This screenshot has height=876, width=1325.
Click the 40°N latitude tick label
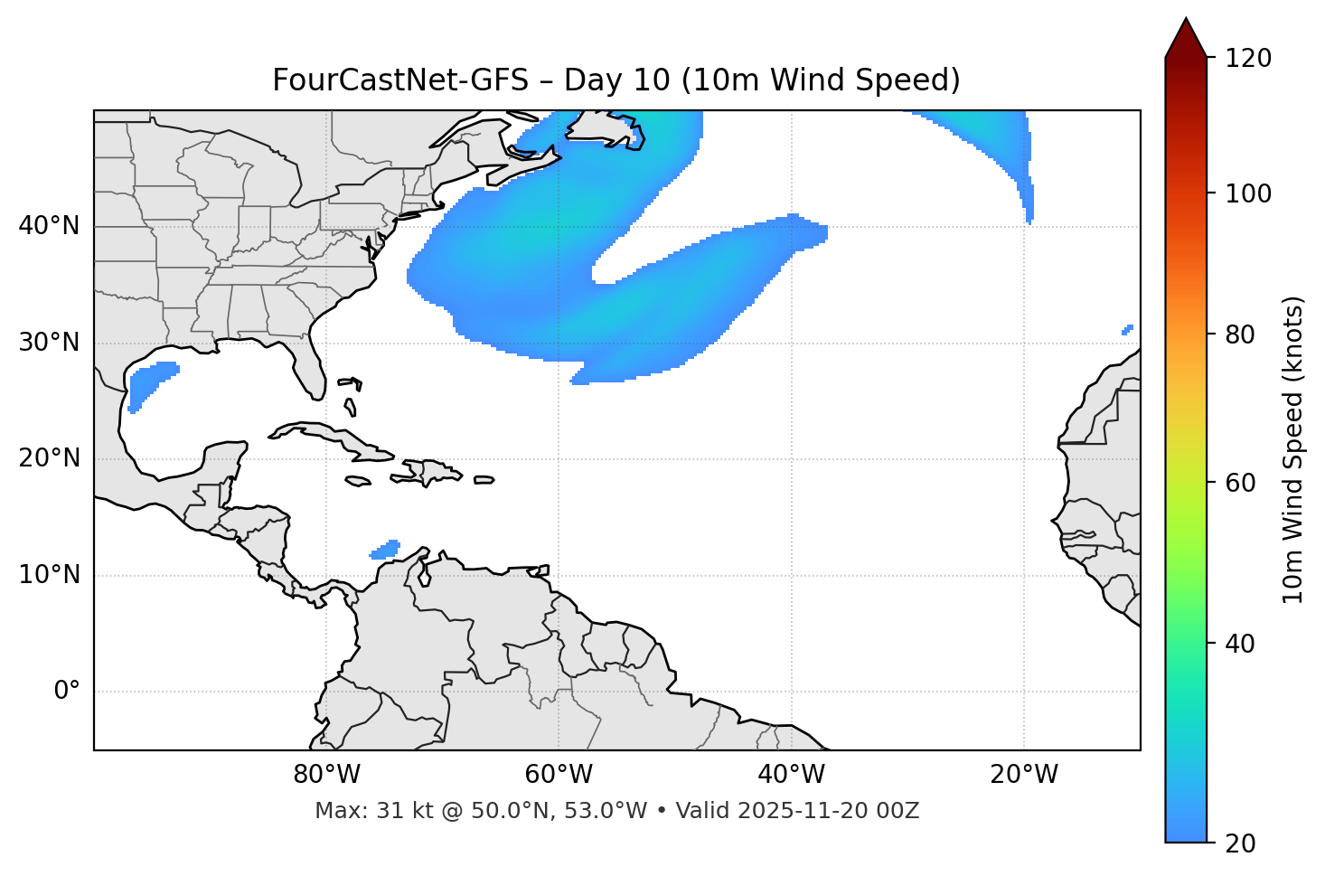point(49,226)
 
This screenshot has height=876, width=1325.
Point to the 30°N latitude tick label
point(49,343)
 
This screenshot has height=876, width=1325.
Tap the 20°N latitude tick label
point(49,458)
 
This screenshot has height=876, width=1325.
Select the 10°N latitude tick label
point(49,575)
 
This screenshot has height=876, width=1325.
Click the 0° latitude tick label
point(67,692)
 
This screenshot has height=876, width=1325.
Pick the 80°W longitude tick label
point(326,775)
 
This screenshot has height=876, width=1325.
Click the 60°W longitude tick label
point(559,775)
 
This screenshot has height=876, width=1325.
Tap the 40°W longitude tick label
point(791,775)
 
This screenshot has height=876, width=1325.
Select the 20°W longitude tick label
point(1024,775)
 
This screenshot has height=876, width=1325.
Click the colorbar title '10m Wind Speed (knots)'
point(1293,449)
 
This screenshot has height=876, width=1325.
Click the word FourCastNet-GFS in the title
point(399,80)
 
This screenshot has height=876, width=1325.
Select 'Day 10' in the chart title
point(616,80)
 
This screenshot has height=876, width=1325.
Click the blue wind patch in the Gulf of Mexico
point(148,383)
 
